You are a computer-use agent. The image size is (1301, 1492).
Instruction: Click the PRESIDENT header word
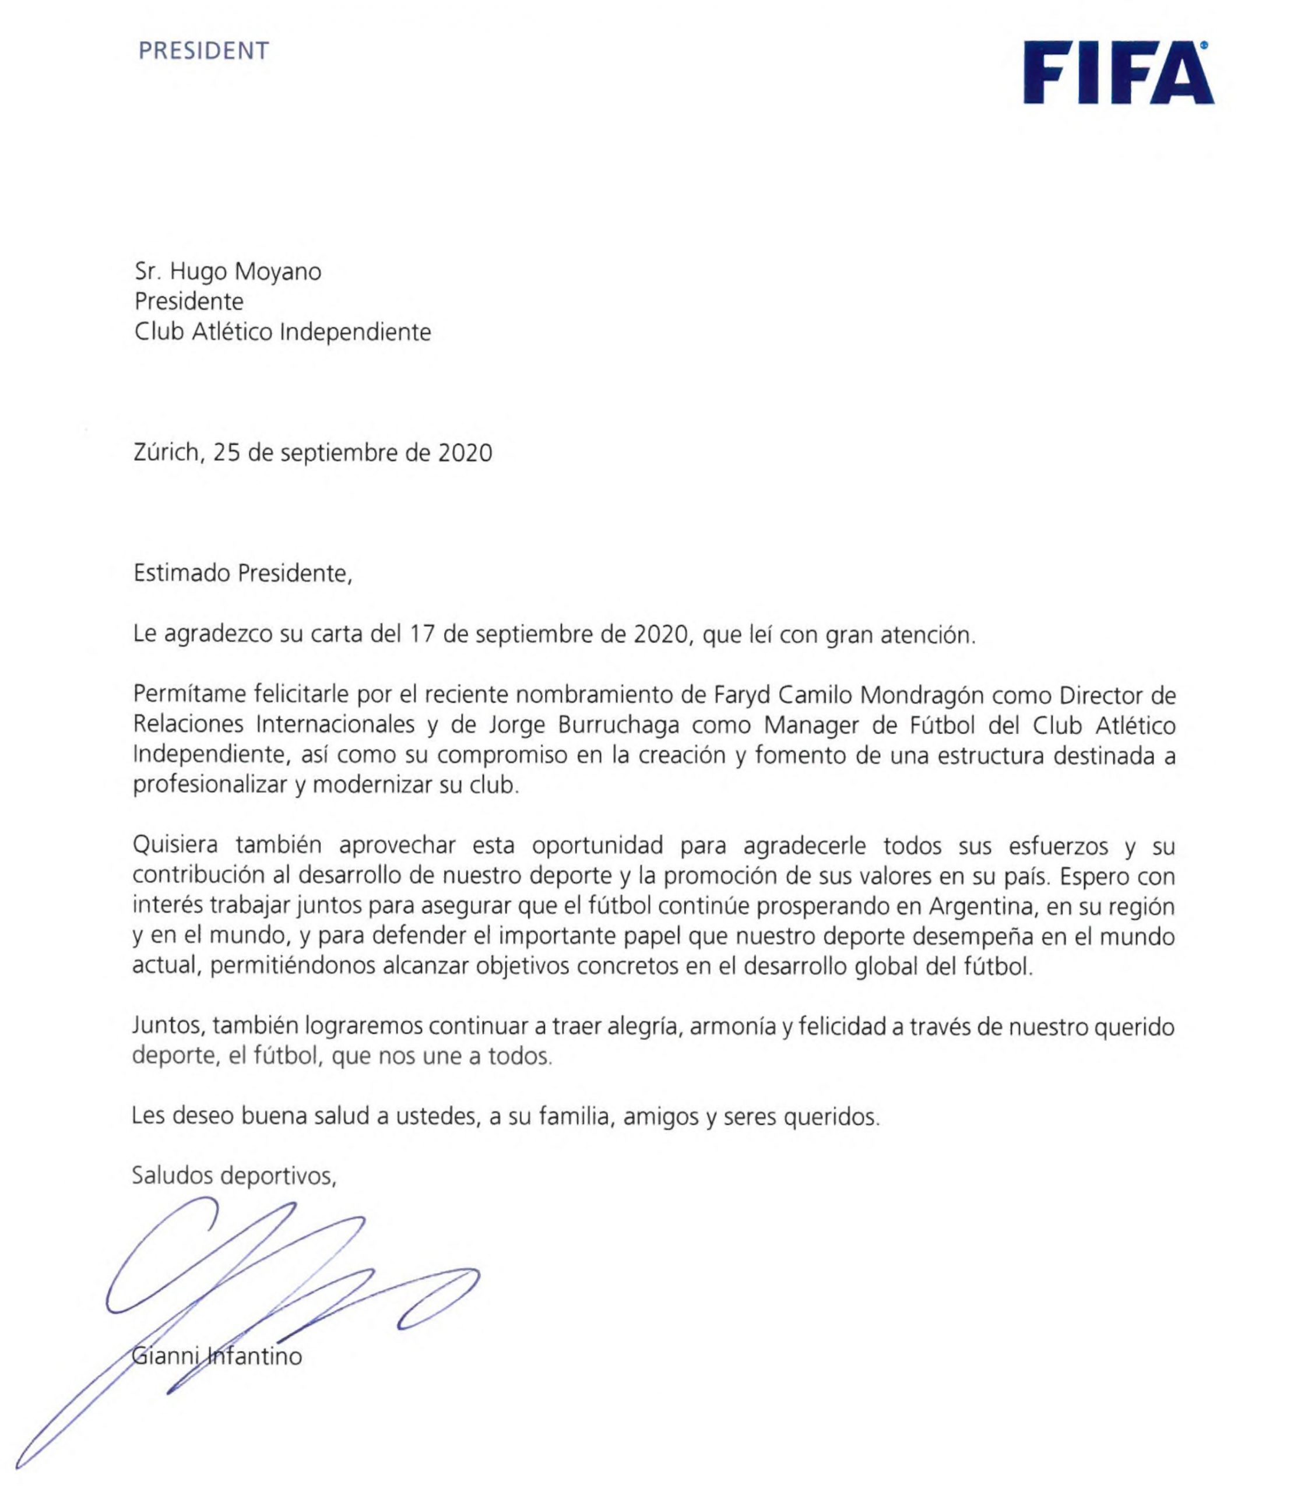coord(203,51)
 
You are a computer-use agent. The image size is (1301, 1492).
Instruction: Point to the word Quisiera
coord(177,847)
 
